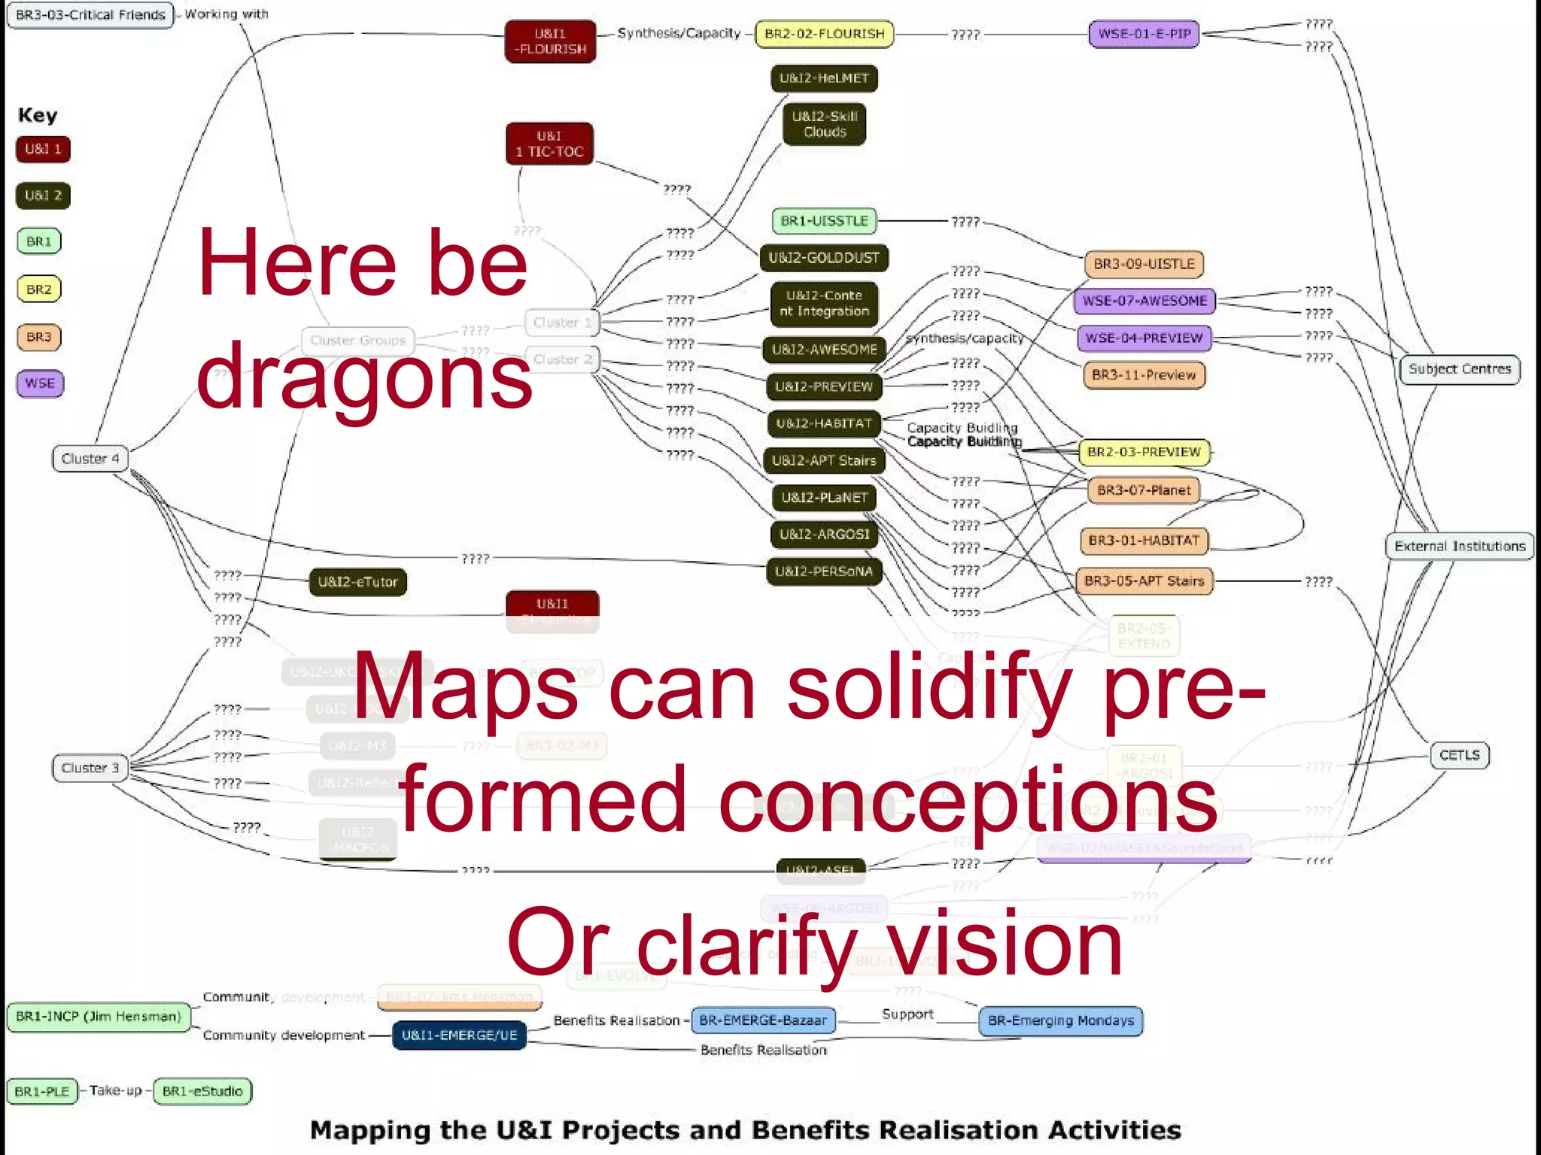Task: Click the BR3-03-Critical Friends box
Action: (90, 15)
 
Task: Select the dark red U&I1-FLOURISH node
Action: (550, 41)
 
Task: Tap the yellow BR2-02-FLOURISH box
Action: (824, 34)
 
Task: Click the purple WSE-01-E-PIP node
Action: (1144, 34)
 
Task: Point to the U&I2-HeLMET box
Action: (824, 78)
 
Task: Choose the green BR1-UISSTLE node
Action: (824, 221)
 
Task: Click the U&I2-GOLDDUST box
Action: (824, 258)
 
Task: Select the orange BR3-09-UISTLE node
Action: (1144, 264)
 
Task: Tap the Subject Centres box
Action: (1459, 369)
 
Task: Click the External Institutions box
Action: (1459, 546)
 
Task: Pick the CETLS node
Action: (1459, 755)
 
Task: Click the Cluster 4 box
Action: (90, 459)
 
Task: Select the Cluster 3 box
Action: (90, 768)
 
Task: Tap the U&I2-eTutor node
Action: (357, 582)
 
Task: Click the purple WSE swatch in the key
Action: (40, 383)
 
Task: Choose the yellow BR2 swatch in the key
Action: (39, 290)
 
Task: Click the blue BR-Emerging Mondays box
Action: (1060, 1021)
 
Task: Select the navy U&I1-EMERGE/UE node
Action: (459, 1035)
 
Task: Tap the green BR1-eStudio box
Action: (202, 1091)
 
